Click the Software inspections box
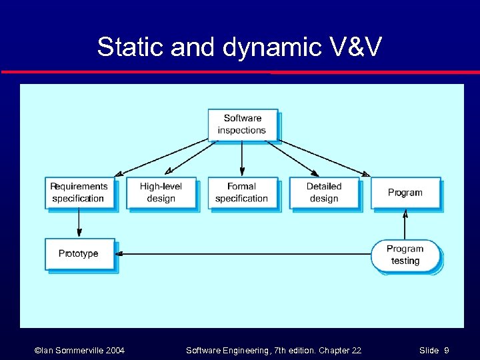point(241,125)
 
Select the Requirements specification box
point(79,193)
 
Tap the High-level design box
point(161,193)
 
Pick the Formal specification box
point(241,193)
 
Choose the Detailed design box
point(323,193)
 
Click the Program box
point(405,193)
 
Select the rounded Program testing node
point(405,255)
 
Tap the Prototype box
point(79,253)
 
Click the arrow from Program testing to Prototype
point(243,253)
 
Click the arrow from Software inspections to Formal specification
point(241,159)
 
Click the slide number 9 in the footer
point(446,351)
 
